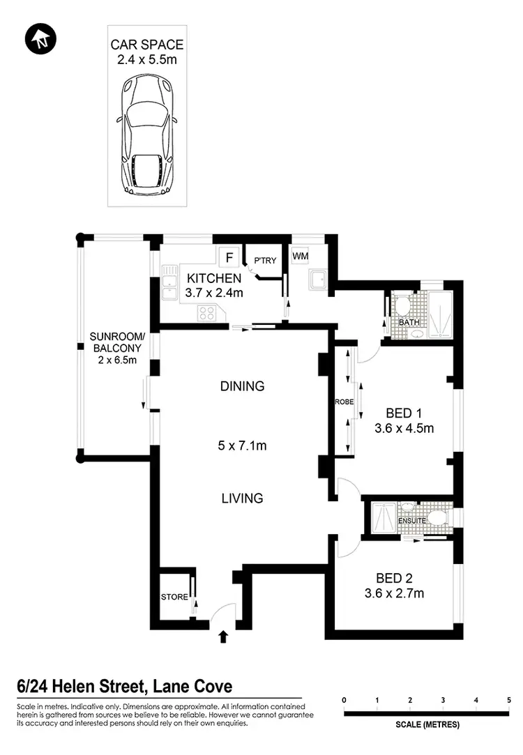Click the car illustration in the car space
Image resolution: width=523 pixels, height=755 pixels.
(147, 135)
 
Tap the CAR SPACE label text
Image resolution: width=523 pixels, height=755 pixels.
(147, 45)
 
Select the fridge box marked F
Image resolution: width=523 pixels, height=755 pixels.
(228, 257)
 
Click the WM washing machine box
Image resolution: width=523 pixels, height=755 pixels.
(300, 257)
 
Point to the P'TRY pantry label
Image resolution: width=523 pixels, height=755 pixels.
(265, 261)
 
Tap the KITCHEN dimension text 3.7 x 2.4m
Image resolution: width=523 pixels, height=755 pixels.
(215, 293)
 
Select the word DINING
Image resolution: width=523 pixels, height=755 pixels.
(242, 386)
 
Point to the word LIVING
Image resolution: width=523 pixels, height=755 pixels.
(242, 498)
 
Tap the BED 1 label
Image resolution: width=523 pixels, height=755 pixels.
(404, 411)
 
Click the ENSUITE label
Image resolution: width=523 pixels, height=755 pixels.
(411, 520)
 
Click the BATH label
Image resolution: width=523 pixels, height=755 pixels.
(408, 323)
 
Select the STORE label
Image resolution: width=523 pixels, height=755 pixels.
(174, 597)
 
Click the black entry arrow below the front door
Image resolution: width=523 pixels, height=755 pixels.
(224, 636)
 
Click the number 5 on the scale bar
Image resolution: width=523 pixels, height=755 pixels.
(509, 699)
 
